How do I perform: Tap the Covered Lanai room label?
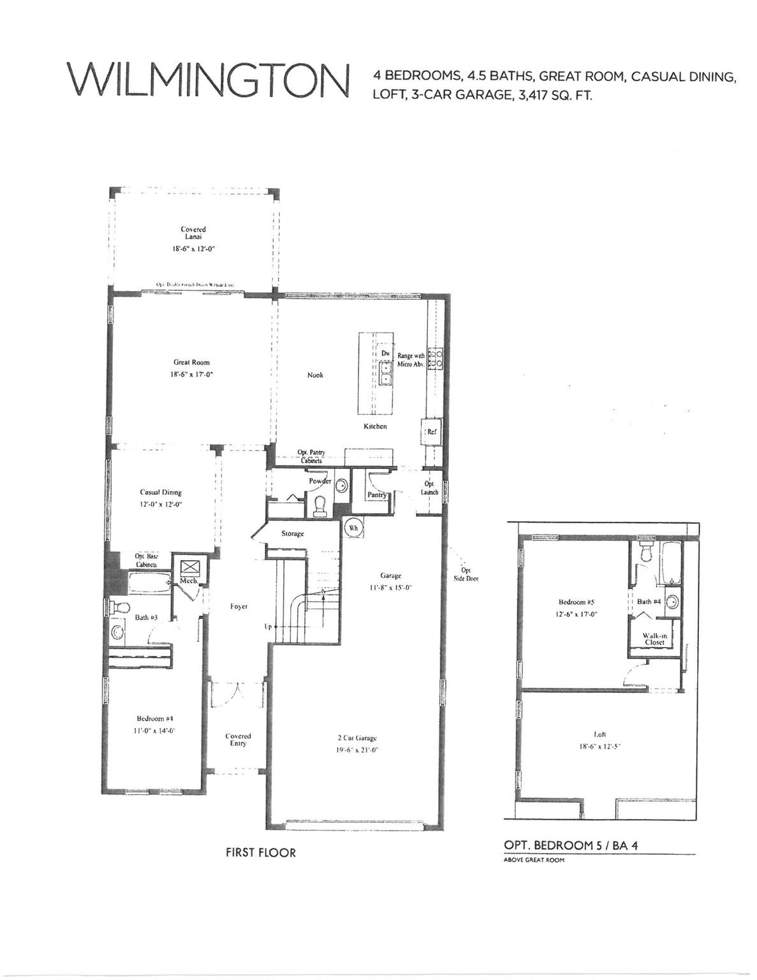193,233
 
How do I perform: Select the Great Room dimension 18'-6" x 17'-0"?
191,375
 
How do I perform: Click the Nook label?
315,375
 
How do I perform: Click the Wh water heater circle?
352,528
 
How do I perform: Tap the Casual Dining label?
161,492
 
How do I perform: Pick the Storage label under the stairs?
293,533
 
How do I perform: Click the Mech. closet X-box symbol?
189,567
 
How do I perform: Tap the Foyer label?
239,606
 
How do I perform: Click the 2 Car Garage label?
357,738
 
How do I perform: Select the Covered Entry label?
238,739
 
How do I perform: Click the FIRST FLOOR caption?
260,852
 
